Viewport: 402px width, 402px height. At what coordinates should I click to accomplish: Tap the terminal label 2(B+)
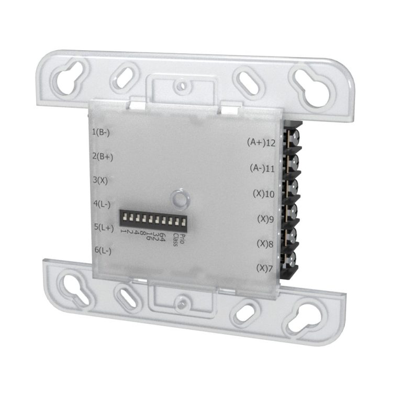coord(103,156)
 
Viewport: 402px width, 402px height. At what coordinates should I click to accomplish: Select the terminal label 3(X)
coord(100,180)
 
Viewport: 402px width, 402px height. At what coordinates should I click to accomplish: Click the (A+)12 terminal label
coord(261,142)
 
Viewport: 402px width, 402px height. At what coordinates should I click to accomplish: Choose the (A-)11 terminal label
coord(262,169)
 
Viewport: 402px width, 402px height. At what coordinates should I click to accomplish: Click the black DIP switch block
coord(153,218)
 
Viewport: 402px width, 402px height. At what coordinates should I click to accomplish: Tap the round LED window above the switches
coord(180,199)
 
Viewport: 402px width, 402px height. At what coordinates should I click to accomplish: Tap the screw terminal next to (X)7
coord(289,259)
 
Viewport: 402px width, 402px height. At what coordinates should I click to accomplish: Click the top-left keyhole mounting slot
coord(68,76)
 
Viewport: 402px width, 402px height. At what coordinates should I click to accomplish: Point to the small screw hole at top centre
coord(181,83)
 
